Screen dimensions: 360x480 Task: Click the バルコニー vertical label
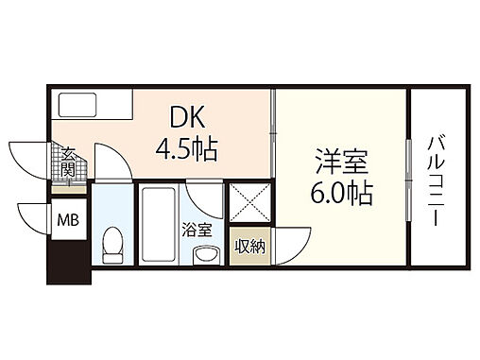(437, 180)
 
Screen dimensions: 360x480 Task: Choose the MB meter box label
(67, 223)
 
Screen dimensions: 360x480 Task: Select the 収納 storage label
(249, 247)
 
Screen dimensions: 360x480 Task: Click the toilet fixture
(112, 246)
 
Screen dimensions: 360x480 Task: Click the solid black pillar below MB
(68, 265)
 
